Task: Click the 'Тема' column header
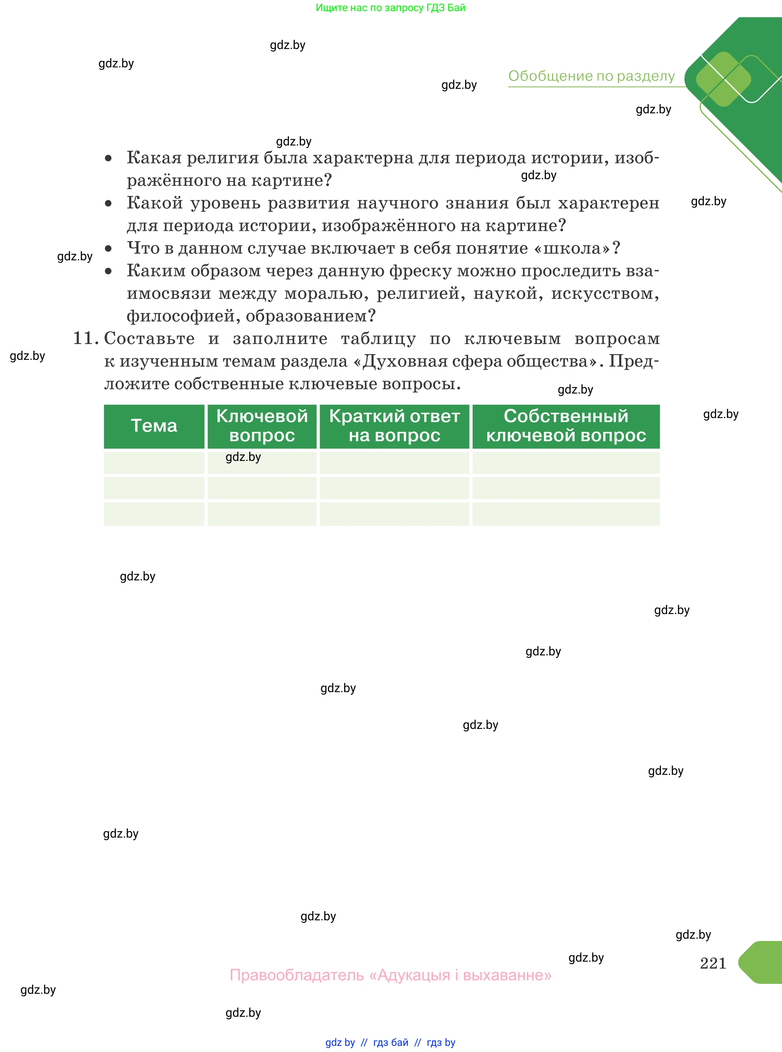(x=154, y=426)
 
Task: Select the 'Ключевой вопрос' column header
(x=262, y=426)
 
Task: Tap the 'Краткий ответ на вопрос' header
(x=394, y=426)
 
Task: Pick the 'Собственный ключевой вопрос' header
(x=566, y=426)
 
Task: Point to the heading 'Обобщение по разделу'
(x=591, y=76)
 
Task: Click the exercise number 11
(x=85, y=338)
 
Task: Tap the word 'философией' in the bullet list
(x=183, y=316)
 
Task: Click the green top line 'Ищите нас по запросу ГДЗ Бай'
(x=390, y=8)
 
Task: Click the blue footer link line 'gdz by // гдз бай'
(x=390, y=1042)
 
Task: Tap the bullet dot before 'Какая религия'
(x=108, y=158)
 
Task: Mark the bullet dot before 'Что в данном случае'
(x=108, y=248)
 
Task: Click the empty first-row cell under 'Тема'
(x=154, y=462)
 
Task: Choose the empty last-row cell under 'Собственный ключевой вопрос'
(x=566, y=514)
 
